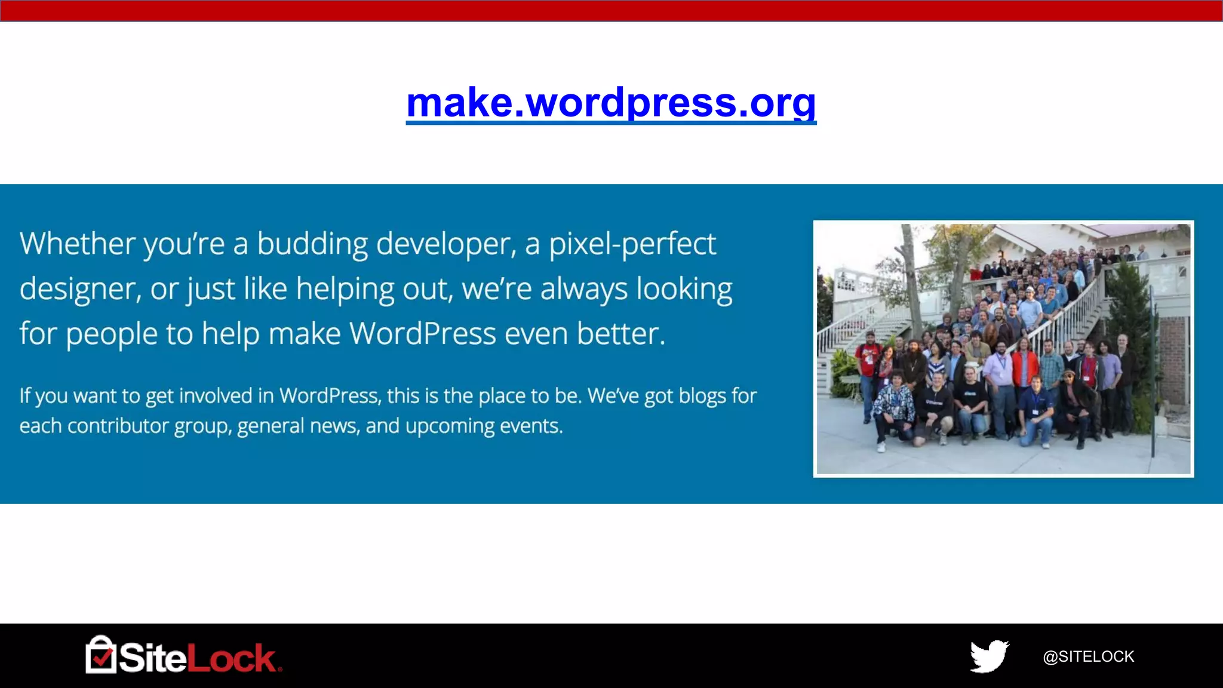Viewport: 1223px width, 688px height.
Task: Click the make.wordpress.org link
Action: pyautogui.click(x=611, y=103)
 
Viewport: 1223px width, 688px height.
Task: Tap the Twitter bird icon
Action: pyautogui.click(x=989, y=656)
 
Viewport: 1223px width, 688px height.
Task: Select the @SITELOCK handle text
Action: pyautogui.click(x=1088, y=656)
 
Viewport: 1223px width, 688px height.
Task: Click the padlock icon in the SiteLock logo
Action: pyautogui.click(x=100, y=655)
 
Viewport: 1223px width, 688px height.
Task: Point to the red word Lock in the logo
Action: pyautogui.click(x=231, y=658)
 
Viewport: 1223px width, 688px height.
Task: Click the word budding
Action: pyautogui.click(x=312, y=244)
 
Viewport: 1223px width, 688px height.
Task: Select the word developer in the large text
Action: pyautogui.click(x=445, y=245)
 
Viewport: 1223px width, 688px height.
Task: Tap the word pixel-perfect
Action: pyautogui.click(x=632, y=245)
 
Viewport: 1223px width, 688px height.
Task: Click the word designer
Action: pyautogui.click(x=79, y=290)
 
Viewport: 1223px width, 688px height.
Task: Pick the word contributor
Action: pyautogui.click(x=118, y=426)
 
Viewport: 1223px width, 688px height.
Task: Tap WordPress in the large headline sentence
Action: pyautogui.click(x=422, y=333)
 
